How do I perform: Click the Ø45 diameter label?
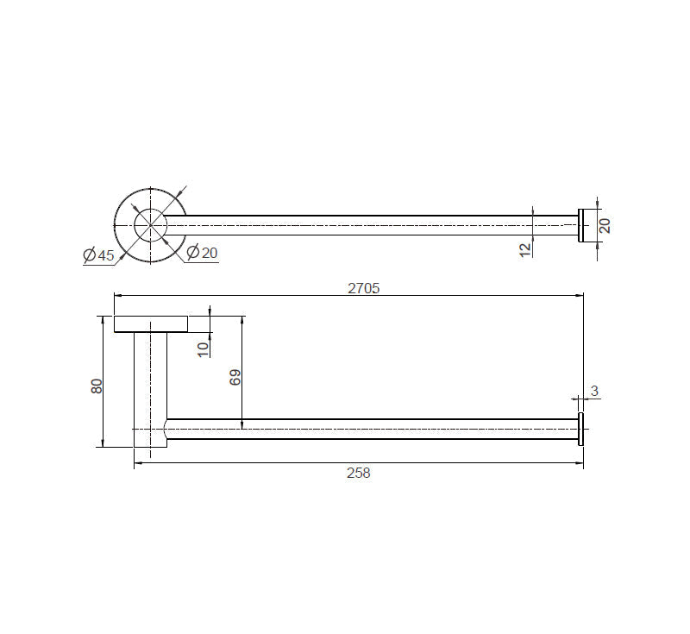point(99,255)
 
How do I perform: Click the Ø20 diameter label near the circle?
point(203,252)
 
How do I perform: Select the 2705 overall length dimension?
point(364,288)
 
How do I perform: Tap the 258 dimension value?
point(358,473)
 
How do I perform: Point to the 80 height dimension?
point(97,385)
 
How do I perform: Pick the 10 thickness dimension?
point(202,348)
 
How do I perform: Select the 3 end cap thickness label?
point(594,392)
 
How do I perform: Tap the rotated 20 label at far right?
point(605,225)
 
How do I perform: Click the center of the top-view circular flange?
point(151,225)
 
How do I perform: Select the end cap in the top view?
point(585,225)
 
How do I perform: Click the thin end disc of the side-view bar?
point(581,429)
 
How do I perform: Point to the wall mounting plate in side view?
point(151,323)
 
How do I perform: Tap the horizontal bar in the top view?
point(362,225)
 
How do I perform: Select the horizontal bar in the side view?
point(371,429)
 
